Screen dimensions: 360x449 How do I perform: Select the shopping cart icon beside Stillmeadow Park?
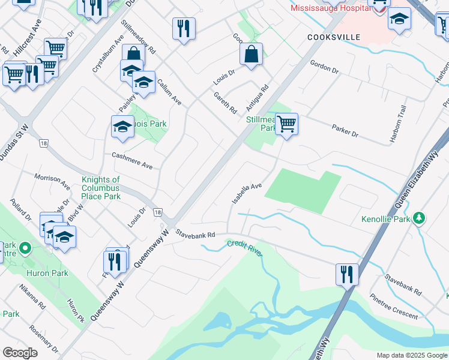pos(287,124)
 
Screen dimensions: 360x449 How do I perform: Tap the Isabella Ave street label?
pos(247,193)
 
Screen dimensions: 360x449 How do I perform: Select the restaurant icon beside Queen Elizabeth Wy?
pos(347,274)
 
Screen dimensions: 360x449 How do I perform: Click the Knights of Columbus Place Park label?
pos(101,188)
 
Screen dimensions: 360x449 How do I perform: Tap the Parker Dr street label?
pos(345,130)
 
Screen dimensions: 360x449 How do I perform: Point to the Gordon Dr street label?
pos(325,67)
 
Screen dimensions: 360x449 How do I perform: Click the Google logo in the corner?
pos(20,353)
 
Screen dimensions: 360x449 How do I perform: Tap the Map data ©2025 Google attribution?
pos(411,355)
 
